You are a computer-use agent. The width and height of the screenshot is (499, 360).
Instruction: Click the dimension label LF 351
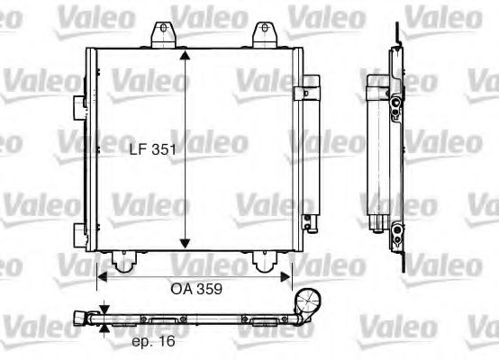152,151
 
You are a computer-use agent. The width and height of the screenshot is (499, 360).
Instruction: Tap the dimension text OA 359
195,290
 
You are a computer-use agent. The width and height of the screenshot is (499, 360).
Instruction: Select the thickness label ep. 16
150,341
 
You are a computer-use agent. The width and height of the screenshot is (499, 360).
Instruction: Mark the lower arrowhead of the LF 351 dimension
185,243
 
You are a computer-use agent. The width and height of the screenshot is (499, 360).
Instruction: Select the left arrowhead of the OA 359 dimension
101,277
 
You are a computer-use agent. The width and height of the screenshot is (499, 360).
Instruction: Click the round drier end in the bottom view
310,302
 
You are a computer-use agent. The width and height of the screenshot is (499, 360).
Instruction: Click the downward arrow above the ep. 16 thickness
104,309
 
